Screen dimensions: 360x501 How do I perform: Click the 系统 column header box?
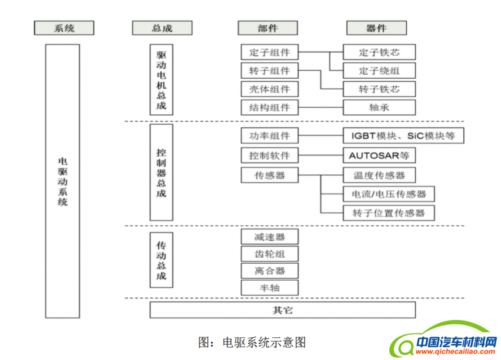pyautogui.click(x=64, y=28)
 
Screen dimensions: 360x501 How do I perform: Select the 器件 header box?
pyautogui.click(x=376, y=28)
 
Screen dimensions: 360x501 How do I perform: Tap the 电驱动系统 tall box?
pyautogui.click(x=62, y=181)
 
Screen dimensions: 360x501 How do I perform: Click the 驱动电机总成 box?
pyautogui.click(x=161, y=80)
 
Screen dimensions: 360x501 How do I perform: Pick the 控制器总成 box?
pyautogui.click(x=161, y=172)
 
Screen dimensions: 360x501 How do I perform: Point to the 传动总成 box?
pyautogui.click(x=161, y=259)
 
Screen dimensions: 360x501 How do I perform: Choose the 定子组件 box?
pyautogui.click(x=270, y=52)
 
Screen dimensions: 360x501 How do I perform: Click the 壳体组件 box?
pyautogui.click(x=270, y=89)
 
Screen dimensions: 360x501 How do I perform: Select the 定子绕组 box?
pyautogui.click(x=379, y=71)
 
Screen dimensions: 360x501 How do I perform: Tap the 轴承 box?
pyautogui.click(x=379, y=107)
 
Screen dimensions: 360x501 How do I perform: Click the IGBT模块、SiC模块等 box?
pyautogui.click(x=403, y=136)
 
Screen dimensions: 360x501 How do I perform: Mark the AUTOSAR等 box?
pyautogui.click(x=379, y=155)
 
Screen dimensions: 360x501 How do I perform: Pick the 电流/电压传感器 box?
pyautogui.click(x=389, y=194)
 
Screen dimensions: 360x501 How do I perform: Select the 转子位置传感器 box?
pyautogui.click(x=389, y=213)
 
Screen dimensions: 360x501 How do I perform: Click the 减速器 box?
pyautogui.click(x=270, y=237)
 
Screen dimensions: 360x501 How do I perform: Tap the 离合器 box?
pyautogui.click(x=270, y=271)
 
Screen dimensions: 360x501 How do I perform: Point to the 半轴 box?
pyautogui.click(x=270, y=288)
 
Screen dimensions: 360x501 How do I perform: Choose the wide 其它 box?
pyautogui.click(x=283, y=310)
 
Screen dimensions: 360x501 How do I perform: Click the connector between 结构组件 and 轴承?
pyautogui.click(x=321, y=107)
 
